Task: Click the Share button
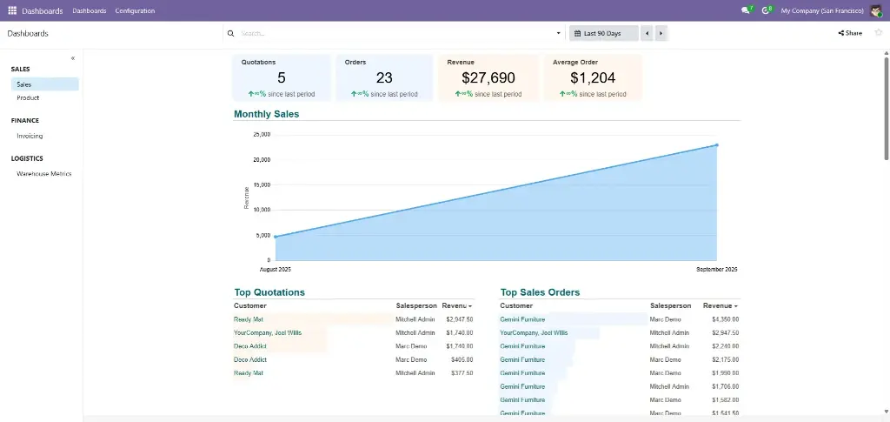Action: [850, 33]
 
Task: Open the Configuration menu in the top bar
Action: [135, 10]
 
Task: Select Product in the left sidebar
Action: [28, 98]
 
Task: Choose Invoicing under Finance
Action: [30, 136]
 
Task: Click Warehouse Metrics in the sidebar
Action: [43, 174]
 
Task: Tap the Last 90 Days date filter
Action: [602, 33]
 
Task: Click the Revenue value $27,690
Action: [488, 78]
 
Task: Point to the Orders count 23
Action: [384, 78]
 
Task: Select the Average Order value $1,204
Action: [593, 78]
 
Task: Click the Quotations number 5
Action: [282, 78]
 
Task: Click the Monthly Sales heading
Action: [266, 114]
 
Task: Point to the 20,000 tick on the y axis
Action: [262, 160]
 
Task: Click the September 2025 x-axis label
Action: [716, 270]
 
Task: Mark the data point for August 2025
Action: [276, 237]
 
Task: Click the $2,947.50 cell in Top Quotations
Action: [459, 319]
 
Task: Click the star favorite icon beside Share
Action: [878, 33]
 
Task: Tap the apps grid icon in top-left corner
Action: [12, 10]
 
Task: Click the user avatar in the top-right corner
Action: [876, 10]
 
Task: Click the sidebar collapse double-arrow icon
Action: [73, 58]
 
